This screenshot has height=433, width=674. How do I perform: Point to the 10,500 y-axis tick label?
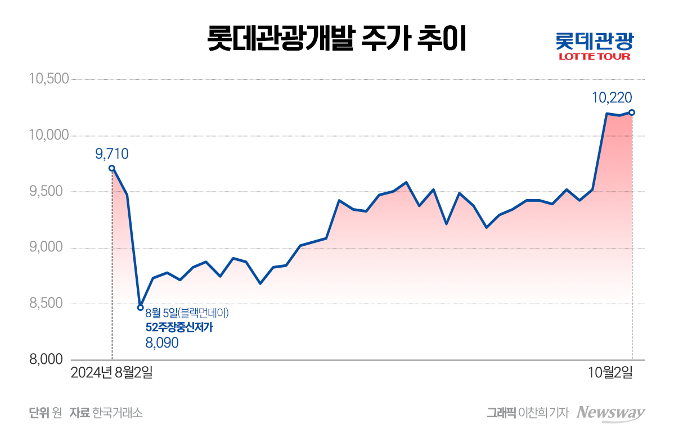coord(48,79)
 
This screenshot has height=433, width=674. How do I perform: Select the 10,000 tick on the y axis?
coord(48,136)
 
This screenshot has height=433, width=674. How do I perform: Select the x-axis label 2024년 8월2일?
coord(111,372)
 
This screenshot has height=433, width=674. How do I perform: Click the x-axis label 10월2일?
coord(610,372)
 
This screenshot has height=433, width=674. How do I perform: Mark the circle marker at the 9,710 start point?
coord(112,168)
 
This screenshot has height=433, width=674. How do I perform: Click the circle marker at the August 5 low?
coord(141,308)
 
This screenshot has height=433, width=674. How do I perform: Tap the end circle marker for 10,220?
coord(632,112)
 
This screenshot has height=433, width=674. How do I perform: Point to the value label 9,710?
coord(112,153)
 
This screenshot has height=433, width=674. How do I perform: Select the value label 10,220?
coord(612,98)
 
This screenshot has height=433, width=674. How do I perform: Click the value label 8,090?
coord(162,342)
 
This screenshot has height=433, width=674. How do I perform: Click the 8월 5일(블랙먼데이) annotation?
coord(187,313)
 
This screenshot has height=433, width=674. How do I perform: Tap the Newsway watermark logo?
coord(611,412)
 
